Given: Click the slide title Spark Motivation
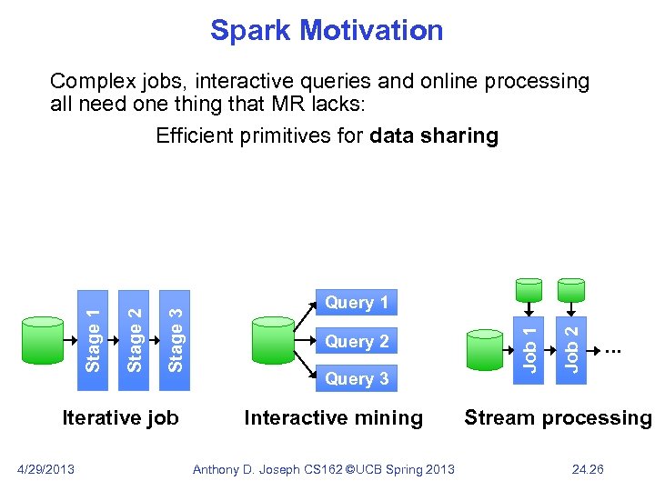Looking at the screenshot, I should [327, 31].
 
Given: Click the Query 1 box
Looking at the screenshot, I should [356, 303].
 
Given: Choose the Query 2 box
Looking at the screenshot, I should [356, 342].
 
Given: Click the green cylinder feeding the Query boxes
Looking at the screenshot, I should [273, 339].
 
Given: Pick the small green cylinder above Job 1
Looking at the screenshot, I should [529, 288].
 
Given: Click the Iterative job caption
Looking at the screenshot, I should [120, 418].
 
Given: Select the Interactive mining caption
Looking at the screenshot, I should [333, 418].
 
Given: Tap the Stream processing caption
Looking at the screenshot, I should [558, 418].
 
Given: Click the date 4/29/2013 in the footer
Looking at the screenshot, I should [46, 469].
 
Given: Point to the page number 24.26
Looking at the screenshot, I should [586, 469].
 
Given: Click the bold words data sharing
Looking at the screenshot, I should [435, 136].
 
